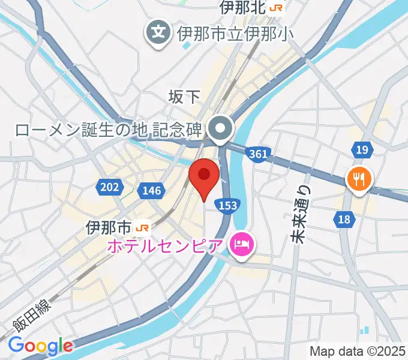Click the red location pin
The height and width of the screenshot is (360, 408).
pyautogui.click(x=204, y=176)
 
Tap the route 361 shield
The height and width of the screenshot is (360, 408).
pyautogui.click(x=257, y=154)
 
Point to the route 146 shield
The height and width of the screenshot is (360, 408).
pyautogui.click(x=152, y=191)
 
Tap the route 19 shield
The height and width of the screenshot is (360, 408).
pyautogui.click(x=361, y=149)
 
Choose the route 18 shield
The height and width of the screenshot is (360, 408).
pyautogui.click(x=344, y=220)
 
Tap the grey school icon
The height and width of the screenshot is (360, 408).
pyautogui.click(x=159, y=31)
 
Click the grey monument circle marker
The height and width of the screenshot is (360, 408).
pyautogui.click(x=221, y=128)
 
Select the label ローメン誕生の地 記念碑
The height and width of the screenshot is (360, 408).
pyautogui.click(x=108, y=128)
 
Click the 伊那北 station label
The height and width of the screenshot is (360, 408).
pyautogui.click(x=243, y=8)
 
